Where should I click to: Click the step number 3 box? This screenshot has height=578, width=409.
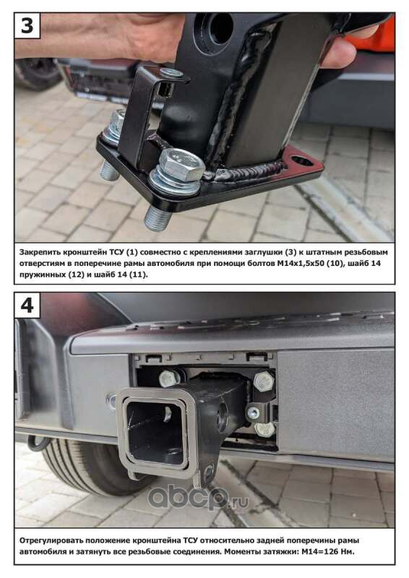[x=27, y=25]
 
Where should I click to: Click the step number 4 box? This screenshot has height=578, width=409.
[x=27, y=305]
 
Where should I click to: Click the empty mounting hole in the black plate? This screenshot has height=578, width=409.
[x=301, y=160]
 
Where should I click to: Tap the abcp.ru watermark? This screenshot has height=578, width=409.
[x=198, y=497]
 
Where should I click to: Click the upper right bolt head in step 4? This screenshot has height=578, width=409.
[x=264, y=381]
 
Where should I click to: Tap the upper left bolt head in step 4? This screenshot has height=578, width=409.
[x=169, y=379]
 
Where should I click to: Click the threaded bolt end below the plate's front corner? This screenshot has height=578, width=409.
[x=157, y=218]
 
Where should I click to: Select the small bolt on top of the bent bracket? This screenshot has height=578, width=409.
[x=172, y=73]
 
